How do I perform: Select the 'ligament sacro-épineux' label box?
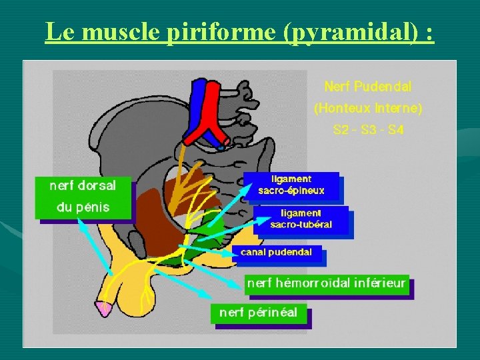point(291,185)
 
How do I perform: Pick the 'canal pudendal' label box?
point(276,253)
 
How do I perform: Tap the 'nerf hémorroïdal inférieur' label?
point(326,283)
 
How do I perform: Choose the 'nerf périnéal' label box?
point(258,312)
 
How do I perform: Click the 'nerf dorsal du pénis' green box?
point(83,196)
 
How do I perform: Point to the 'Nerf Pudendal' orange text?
point(367,87)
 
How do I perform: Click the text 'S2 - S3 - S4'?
point(368,130)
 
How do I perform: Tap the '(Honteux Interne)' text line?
point(368,108)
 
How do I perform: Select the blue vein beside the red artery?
point(199,100)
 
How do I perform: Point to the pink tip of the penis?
point(104,308)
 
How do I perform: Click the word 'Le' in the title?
point(58,31)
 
